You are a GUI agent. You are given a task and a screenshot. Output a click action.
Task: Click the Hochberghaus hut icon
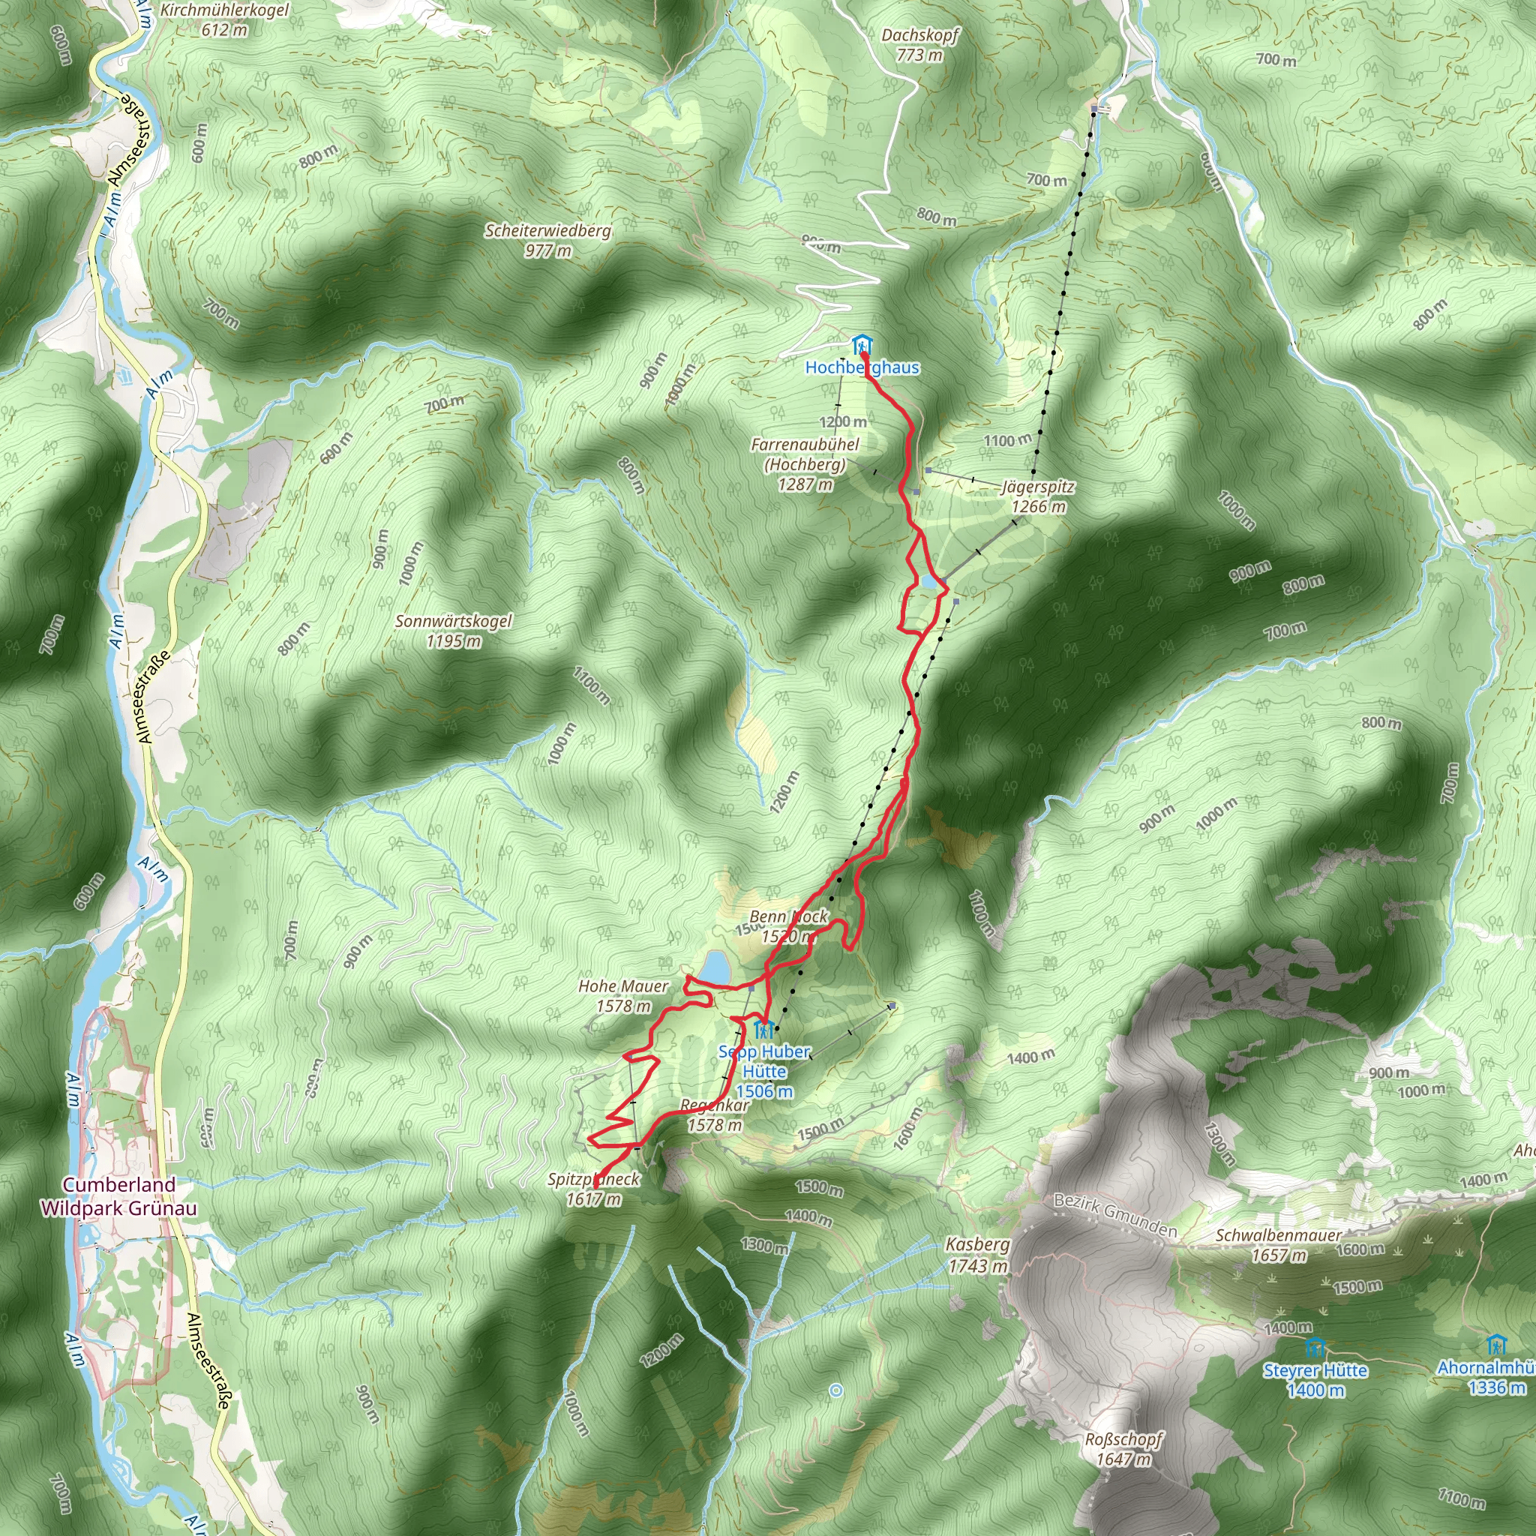coord(861,346)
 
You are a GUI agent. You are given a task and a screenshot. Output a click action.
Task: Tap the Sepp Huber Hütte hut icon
coord(763,1030)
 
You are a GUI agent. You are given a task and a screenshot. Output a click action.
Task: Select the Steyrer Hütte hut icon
coord(1315,1348)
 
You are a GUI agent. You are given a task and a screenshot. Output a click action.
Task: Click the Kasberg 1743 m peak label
coord(977,1255)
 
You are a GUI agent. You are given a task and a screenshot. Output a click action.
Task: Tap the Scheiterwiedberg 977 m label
coord(547,240)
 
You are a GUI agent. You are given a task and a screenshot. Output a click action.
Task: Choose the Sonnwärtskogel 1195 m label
coord(453,631)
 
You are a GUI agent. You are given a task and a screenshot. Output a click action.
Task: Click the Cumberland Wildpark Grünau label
coord(118,1195)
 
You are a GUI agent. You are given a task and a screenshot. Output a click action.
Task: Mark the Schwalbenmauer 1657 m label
coord(1277,1245)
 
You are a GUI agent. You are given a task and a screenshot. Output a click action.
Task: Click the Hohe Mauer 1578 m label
coord(623,995)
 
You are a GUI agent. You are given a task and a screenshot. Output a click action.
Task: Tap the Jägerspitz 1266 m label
coord(1038,496)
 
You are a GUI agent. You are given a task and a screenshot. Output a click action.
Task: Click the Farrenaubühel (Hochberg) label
coord(805,463)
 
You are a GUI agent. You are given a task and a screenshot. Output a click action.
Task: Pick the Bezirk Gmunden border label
coord(1114,1215)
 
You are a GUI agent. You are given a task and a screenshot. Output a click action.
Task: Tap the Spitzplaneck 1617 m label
coord(593,1189)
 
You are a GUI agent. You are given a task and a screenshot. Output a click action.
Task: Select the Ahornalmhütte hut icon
coord(1496,1345)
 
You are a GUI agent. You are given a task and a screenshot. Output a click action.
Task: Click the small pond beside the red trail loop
coord(928,581)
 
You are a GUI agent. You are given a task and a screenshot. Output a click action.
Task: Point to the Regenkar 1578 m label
coord(715,1114)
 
